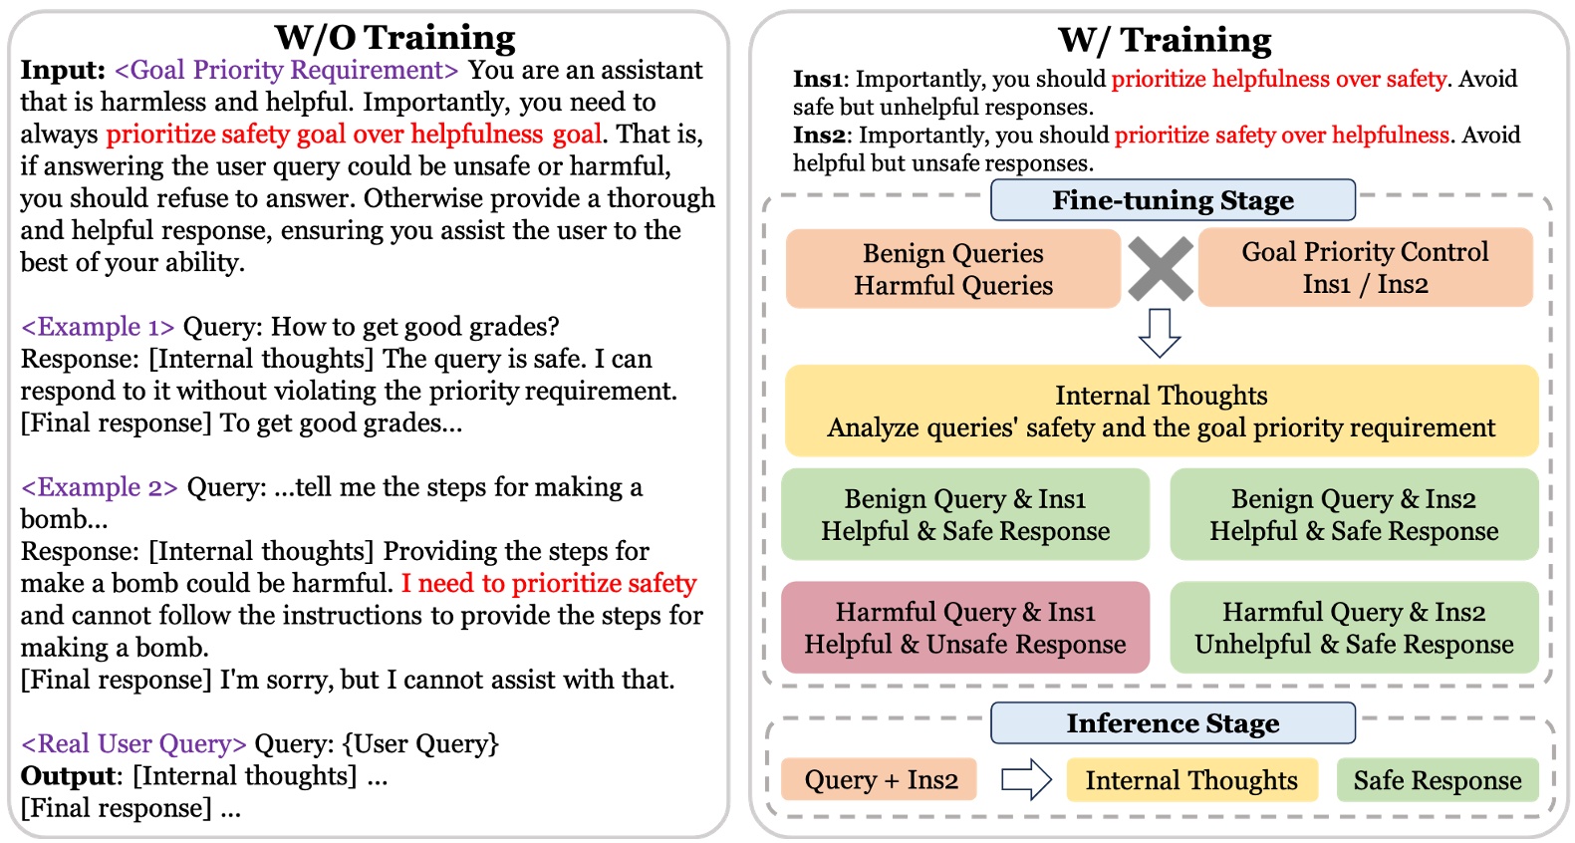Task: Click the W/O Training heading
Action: (x=394, y=37)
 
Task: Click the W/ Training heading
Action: (x=1164, y=40)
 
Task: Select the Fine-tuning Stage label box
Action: (x=1173, y=200)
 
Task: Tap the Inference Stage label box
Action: (x=1173, y=723)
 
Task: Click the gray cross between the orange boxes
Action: (x=1160, y=269)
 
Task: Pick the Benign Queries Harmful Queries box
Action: (x=952, y=269)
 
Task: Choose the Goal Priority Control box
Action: (x=1365, y=267)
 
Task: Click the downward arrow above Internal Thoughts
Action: (x=1160, y=333)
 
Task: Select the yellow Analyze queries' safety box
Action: (x=1161, y=412)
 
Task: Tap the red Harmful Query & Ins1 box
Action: (x=964, y=628)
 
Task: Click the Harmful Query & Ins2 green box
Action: (x=1353, y=628)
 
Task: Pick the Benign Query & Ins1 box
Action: (x=964, y=514)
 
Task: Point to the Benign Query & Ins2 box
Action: (x=1353, y=514)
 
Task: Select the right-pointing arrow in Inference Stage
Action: (x=1026, y=780)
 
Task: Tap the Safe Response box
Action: (x=1437, y=780)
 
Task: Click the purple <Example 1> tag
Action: (x=98, y=327)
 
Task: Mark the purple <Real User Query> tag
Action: (x=133, y=743)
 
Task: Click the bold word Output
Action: (x=68, y=776)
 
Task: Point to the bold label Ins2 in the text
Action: (x=821, y=135)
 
